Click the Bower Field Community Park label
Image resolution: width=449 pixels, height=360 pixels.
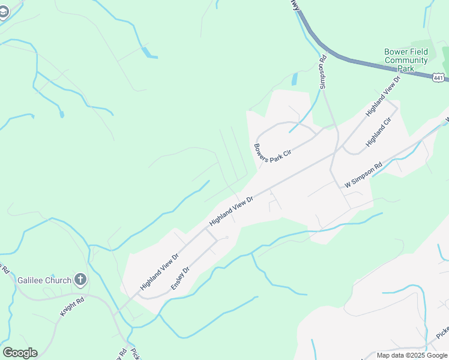(406, 60)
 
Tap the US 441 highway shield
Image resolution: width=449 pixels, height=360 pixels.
(438, 77)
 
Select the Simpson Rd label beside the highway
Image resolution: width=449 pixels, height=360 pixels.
(323, 72)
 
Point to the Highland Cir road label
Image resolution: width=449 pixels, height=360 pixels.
(378, 133)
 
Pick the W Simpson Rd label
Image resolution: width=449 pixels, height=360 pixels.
(363, 176)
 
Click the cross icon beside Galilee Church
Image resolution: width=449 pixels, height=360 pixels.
(81, 280)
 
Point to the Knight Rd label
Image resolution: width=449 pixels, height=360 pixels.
(71, 305)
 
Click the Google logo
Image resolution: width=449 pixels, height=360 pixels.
(20, 353)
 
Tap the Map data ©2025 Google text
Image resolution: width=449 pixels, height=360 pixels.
(412, 355)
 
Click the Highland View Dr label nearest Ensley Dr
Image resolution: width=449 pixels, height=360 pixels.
(160, 272)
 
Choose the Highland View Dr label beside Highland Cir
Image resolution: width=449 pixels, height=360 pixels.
(382, 95)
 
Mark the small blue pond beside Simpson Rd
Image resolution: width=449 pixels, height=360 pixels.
(294, 79)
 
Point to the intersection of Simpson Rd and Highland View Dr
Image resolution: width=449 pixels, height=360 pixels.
(334, 152)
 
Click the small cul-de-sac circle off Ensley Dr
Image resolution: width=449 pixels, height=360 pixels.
(226, 238)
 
